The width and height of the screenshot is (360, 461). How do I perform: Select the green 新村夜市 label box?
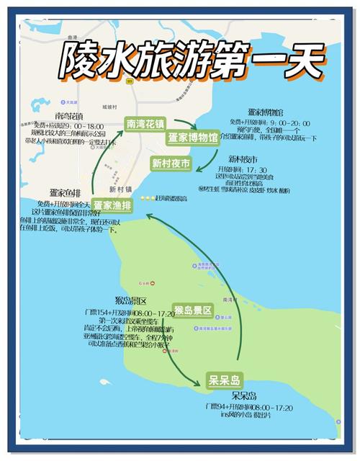point(171,164)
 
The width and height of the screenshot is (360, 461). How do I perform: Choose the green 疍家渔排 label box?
point(112,205)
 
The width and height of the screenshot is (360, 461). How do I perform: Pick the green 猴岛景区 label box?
point(193,310)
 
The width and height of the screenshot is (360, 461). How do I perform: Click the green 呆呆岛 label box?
point(224,380)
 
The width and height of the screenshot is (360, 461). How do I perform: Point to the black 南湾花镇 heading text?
point(68,115)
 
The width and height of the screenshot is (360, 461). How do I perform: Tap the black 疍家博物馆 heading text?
point(266,112)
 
